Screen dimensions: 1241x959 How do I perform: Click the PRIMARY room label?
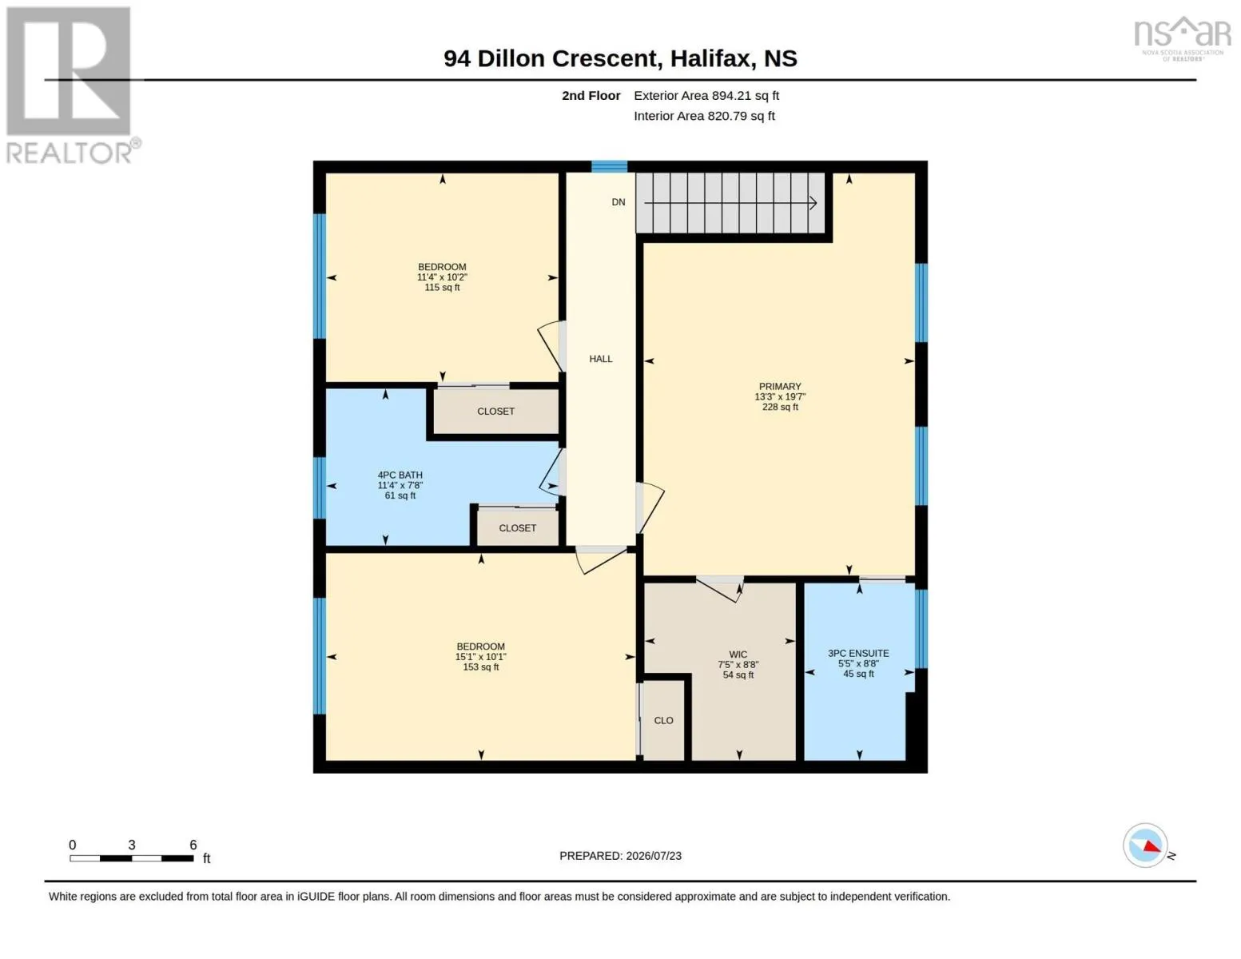pyautogui.click(x=780, y=387)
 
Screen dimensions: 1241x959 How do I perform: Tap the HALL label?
pyautogui.click(x=600, y=359)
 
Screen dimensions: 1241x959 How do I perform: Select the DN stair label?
pyautogui.click(x=619, y=202)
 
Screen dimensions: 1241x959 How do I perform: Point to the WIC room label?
pyautogui.click(x=738, y=655)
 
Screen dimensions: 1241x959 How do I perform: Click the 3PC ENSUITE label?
pyautogui.click(x=858, y=654)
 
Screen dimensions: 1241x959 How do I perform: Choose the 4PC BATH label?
pyautogui.click(x=400, y=476)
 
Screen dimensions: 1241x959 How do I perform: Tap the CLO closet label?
pyautogui.click(x=663, y=721)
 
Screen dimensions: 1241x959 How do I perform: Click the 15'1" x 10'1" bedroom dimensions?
pyautogui.click(x=481, y=657)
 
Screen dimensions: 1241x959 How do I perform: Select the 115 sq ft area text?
pyautogui.click(x=442, y=287)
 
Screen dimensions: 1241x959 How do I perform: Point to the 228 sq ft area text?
pyautogui.click(x=780, y=408)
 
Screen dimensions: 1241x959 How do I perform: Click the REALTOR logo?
pyautogui.click(x=71, y=86)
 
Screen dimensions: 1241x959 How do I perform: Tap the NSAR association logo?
pyautogui.click(x=1182, y=38)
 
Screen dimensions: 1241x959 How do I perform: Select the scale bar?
pyautogui.click(x=131, y=858)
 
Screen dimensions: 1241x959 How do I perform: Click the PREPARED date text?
pyautogui.click(x=620, y=856)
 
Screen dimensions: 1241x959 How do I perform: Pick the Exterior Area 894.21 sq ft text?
pyautogui.click(x=706, y=96)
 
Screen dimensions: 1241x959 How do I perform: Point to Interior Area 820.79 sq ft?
pyautogui.click(x=704, y=116)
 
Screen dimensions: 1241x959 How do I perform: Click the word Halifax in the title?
pyautogui.click(x=710, y=59)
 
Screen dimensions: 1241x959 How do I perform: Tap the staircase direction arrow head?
pyautogui.click(x=813, y=202)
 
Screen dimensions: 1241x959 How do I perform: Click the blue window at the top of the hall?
pyautogui.click(x=609, y=167)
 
